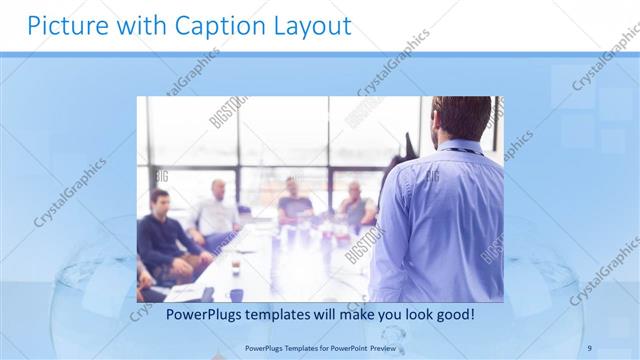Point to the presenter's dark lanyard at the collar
(462, 151)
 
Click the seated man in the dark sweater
(160, 240)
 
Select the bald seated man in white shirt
(217, 210)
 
